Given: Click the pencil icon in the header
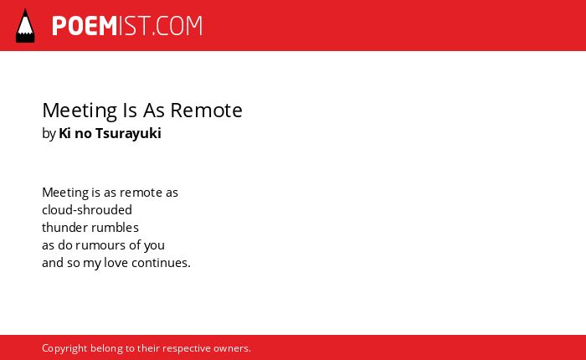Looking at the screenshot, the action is [25, 26].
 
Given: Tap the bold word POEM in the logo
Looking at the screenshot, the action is [85, 26].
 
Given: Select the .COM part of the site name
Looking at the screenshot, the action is [177, 26].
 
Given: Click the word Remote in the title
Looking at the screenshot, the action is [206, 111].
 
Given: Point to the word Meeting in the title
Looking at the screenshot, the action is [80, 111].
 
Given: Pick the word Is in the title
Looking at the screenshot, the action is [130, 111].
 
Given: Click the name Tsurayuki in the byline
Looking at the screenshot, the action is [128, 133].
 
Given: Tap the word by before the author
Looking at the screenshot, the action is [49, 134].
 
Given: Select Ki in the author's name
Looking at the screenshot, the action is [64, 133].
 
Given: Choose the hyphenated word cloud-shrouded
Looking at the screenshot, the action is [87, 209].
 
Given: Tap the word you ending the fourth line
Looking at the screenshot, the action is [154, 246].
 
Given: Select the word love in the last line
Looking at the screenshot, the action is [116, 262].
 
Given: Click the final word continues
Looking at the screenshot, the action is [161, 262].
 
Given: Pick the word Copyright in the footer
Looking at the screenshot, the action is [64, 348].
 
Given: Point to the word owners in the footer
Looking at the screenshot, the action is [231, 348].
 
